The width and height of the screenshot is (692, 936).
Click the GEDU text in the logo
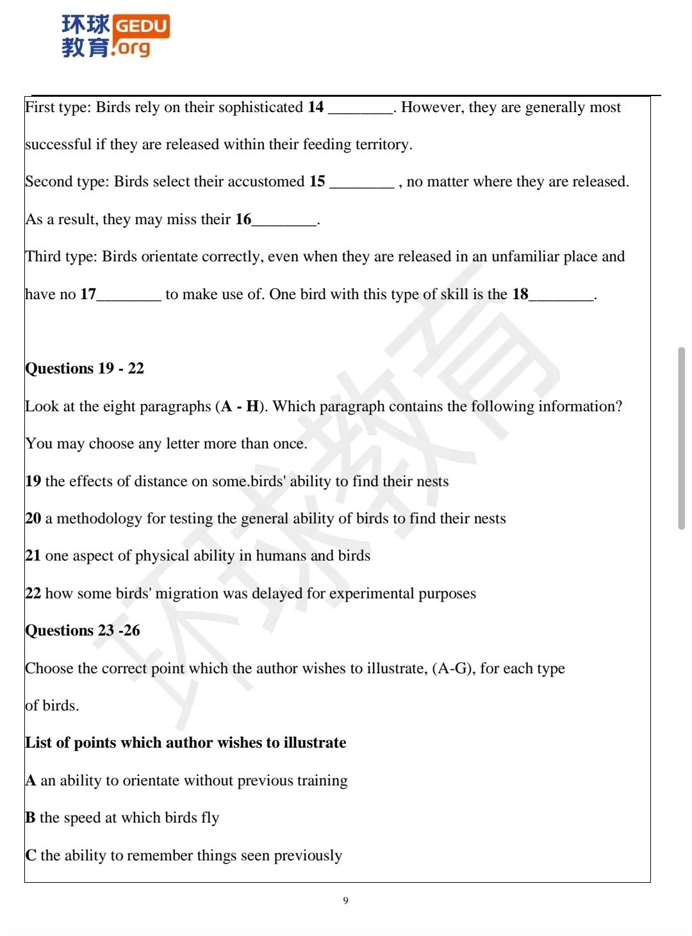[x=141, y=26]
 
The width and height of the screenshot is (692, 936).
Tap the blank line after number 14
[x=360, y=109]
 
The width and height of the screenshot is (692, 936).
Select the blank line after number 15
[x=361, y=183]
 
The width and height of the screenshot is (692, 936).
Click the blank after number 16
[x=284, y=221]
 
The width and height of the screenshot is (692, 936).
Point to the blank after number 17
[x=129, y=295]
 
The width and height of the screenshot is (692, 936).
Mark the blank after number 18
[x=561, y=295]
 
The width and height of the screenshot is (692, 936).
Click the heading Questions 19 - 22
[x=85, y=368]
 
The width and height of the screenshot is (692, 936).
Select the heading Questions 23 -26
[x=83, y=630]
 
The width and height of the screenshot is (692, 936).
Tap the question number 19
[x=33, y=481]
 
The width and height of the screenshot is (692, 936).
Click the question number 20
[x=33, y=518]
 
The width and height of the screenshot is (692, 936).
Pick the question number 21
[x=33, y=555]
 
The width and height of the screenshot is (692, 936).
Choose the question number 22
[x=33, y=593]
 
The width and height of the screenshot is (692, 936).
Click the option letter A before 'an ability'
[x=31, y=780]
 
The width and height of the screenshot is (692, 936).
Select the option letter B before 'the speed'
[x=30, y=817]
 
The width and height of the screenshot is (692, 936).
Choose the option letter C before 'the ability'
[x=31, y=855]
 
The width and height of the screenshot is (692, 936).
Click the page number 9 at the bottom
[x=346, y=901]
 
